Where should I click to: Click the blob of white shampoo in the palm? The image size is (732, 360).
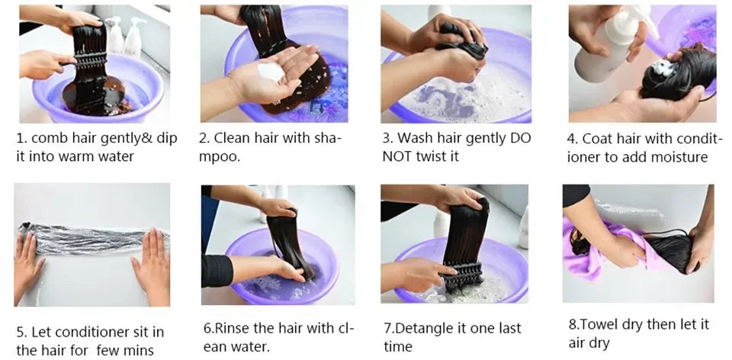[271, 72]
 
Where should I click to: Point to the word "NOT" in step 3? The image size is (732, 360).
[396, 156]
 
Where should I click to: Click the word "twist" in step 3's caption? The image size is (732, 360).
[432, 156]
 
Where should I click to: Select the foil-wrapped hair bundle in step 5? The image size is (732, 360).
[93, 238]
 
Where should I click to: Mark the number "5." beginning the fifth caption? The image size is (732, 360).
[22, 333]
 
